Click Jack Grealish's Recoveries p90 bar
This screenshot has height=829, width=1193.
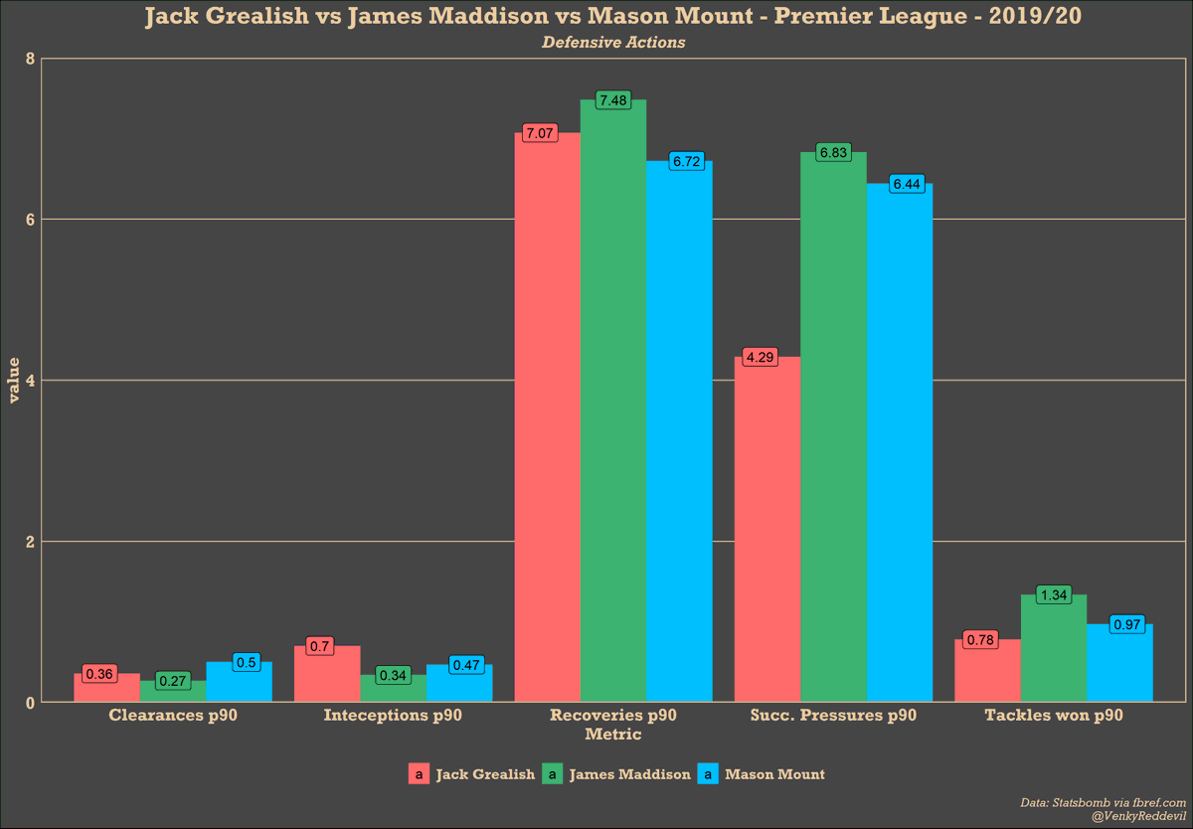(547, 417)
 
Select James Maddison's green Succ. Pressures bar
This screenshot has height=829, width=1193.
(833, 427)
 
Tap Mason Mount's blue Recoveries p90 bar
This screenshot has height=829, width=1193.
(679, 432)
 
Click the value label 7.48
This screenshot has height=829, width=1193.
(613, 100)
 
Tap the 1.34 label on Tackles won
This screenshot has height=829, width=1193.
(1053, 594)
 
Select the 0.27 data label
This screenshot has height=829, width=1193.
(173, 681)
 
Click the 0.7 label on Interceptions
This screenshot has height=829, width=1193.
(319, 646)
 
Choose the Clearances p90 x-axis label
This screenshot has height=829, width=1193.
(173, 715)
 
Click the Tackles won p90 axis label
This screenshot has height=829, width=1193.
(1053, 715)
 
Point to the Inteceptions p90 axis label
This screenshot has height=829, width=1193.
(393, 715)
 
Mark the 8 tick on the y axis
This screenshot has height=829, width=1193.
(30, 59)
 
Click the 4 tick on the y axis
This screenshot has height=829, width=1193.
(30, 381)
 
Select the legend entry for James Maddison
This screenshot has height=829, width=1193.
(628, 774)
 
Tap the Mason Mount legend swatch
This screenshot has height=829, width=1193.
(708, 774)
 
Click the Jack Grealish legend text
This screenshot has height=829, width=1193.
(484, 774)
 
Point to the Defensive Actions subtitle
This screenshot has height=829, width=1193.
(613, 43)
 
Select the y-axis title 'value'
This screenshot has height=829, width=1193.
(14, 381)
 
